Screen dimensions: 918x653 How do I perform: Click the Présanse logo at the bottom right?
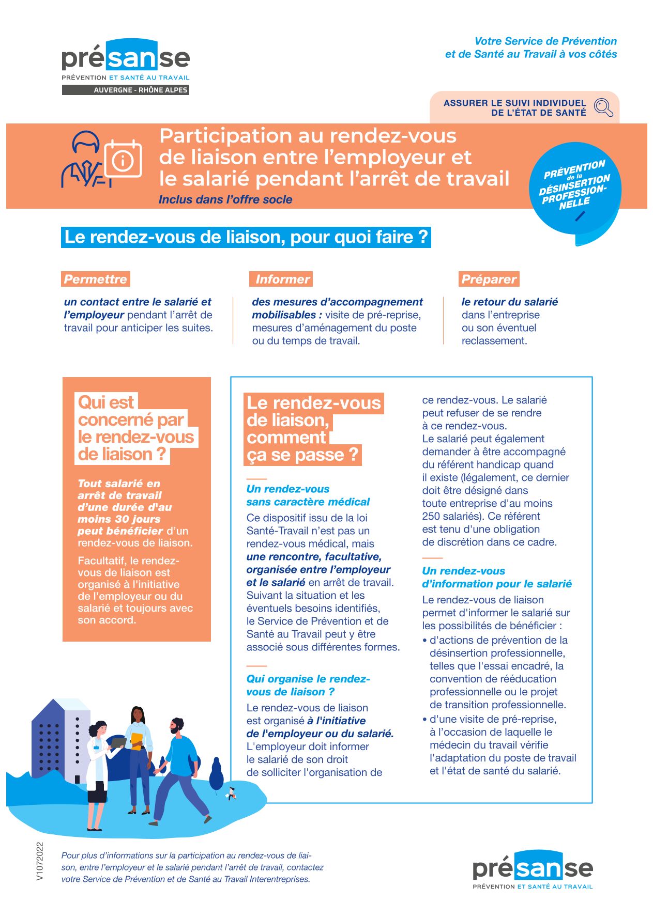(533, 869)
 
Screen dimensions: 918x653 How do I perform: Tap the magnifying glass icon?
(603, 107)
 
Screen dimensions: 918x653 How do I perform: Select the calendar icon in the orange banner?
(123, 159)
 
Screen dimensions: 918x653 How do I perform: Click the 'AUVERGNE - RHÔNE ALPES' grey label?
(126, 90)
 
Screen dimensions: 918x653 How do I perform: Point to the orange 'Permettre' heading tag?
(96, 279)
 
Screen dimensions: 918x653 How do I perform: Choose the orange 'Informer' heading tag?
(281, 279)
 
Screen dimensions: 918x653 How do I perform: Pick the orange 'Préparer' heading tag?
(489, 279)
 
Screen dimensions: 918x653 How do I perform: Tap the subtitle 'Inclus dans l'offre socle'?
(225, 199)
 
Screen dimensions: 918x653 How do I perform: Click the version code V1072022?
(40, 861)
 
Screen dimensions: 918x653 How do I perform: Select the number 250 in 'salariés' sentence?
(432, 516)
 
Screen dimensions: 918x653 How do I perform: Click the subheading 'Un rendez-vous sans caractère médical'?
(308, 495)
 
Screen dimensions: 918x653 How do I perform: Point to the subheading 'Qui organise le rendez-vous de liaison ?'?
(308, 686)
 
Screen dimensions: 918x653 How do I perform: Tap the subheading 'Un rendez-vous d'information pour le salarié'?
(497, 578)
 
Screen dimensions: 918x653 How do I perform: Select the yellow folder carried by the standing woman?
(136, 741)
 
